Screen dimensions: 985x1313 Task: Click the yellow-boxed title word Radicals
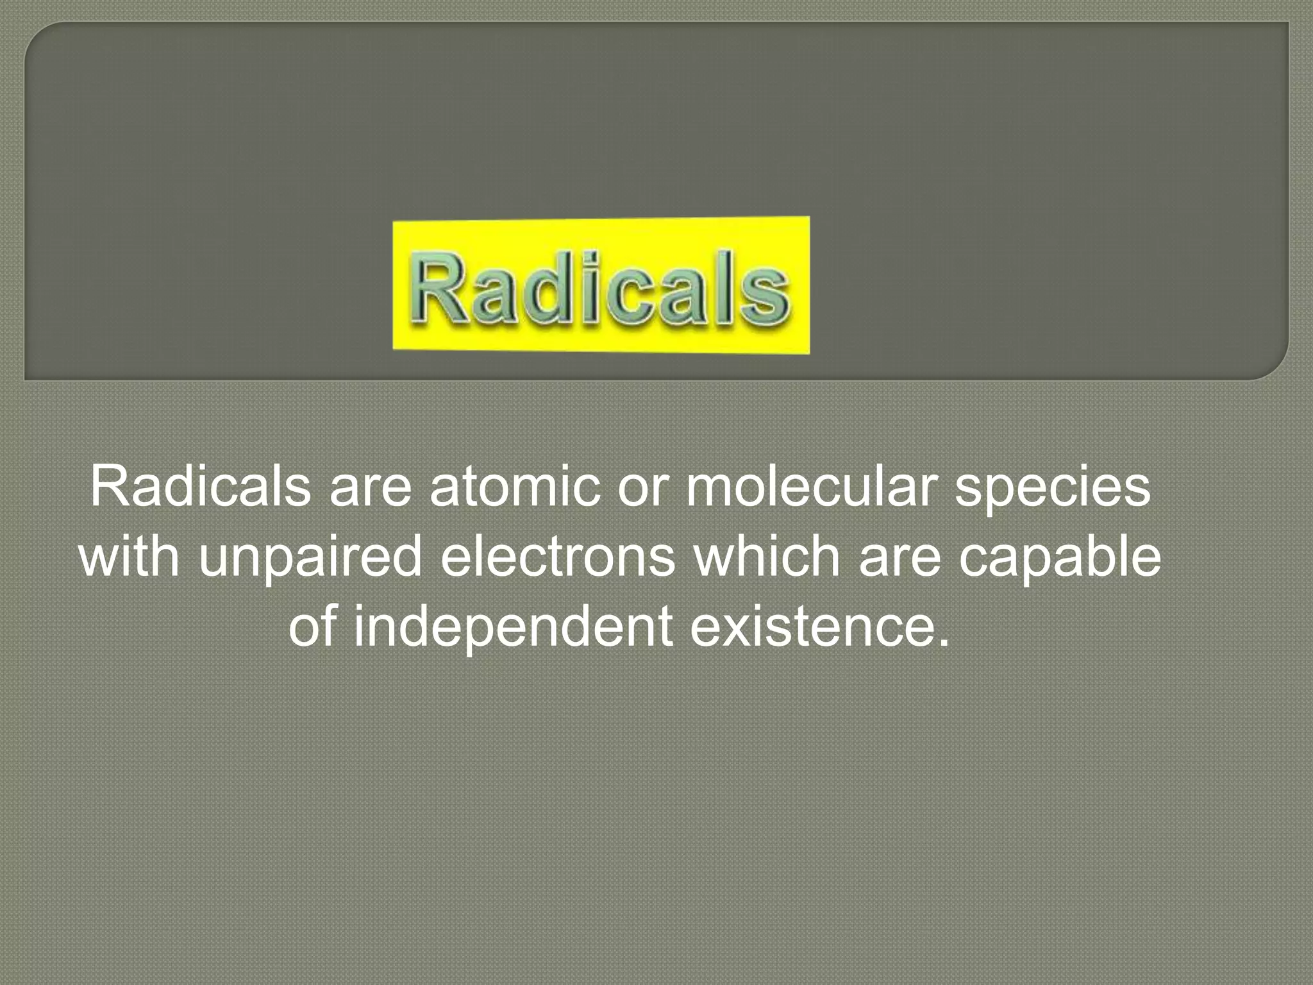[601, 286]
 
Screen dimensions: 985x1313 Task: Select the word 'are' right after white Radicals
[370, 487]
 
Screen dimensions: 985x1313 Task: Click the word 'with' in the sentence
[130, 555]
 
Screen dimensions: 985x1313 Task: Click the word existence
[811, 625]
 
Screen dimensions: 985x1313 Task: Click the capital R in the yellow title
[442, 286]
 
